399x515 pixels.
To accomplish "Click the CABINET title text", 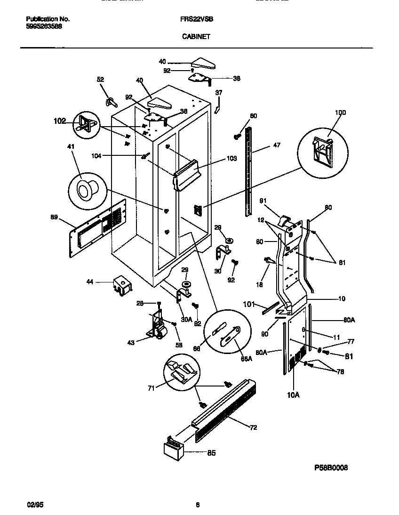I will (x=196, y=35).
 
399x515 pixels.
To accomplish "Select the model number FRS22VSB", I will (x=196, y=19).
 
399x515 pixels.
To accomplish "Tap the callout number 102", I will (x=60, y=121).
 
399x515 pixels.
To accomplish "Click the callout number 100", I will (x=340, y=113).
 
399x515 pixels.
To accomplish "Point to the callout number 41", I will (x=71, y=146).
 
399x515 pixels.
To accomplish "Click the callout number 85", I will (x=211, y=453).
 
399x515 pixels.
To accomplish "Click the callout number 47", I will (x=276, y=145).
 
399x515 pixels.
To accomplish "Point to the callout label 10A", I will (x=293, y=395).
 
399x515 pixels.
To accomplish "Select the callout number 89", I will (x=55, y=217).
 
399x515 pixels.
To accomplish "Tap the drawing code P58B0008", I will (x=331, y=468).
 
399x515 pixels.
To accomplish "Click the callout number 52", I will (x=100, y=80).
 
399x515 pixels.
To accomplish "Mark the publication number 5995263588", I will (x=44, y=26).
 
